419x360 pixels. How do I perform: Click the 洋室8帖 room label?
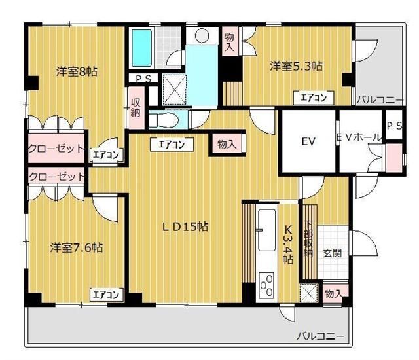pyautogui.click(x=76, y=71)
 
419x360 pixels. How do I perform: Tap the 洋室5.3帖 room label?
pyautogui.click(x=297, y=66)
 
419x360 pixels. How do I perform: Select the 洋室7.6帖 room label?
pyautogui.click(x=77, y=247)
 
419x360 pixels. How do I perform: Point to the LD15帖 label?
pyautogui.click(x=185, y=226)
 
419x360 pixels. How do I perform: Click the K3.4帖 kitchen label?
pyautogui.click(x=287, y=244)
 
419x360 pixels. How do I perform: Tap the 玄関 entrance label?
pyautogui.click(x=332, y=253)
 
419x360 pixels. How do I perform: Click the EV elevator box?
pyautogui.click(x=308, y=141)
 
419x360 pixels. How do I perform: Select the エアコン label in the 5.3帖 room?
pyautogui.click(x=314, y=98)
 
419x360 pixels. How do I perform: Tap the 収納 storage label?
pyautogui.click(x=136, y=107)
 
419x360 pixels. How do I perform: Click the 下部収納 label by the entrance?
pyautogui.click(x=308, y=238)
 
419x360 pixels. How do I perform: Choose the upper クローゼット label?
pyautogui.click(x=56, y=149)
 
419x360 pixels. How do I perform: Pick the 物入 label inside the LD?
pyautogui.click(x=227, y=144)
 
